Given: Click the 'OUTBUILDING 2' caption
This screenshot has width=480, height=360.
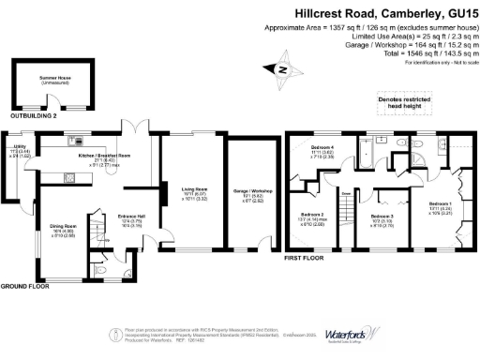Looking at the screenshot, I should pyautogui.click(x=35, y=115).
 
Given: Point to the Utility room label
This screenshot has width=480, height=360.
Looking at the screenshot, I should pyautogui.click(x=18, y=149).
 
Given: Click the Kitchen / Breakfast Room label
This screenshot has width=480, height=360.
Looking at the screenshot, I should pyautogui.click(x=92, y=156).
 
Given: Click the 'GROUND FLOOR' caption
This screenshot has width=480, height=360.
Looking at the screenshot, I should pyautogui.click(x=25, y=285).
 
